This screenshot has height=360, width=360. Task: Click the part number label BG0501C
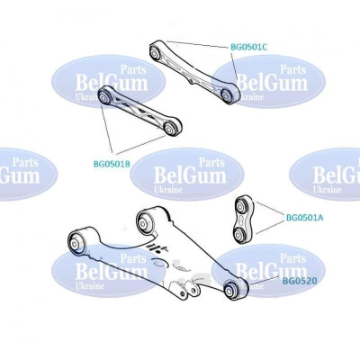click(x=248, y=47)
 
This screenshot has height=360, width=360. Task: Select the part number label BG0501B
click(x=112, y=164)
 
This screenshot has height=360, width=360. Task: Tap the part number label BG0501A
click(x=304, y=218)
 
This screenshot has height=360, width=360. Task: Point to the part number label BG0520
click(x=300, y=281)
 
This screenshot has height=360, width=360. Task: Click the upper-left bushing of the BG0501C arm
click(x=156, y=52)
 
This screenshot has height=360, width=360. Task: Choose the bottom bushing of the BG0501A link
click(x=240, y=233)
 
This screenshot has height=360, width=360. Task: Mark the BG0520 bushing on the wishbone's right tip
click(x=233, y=290)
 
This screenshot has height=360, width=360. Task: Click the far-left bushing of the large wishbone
click(x=76, y=242)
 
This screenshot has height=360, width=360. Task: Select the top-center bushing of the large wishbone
click(x=144, y=223)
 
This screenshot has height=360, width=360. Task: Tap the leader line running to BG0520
click(x=265, y=280)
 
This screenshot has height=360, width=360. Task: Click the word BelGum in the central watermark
click(x=190, y=175)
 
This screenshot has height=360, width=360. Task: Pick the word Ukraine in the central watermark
click(x=168, y=190)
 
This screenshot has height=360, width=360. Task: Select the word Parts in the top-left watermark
click(x=133, y=69)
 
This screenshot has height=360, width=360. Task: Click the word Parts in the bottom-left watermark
click(x=133, y=258)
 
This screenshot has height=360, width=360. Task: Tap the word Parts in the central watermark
click(x=212, y=162)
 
